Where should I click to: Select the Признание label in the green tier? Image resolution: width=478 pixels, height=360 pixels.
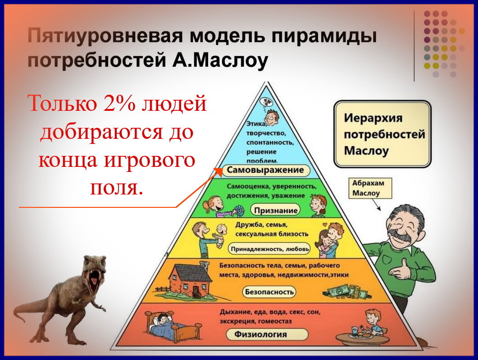274,211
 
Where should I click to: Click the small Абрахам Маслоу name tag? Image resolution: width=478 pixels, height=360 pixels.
368,188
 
